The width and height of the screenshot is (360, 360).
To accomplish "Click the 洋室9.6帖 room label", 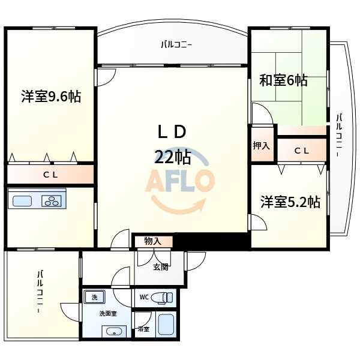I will pos(51,96).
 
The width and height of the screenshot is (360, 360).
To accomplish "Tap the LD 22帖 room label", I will pos(173,144).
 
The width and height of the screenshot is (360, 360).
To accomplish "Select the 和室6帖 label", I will pos(283,80).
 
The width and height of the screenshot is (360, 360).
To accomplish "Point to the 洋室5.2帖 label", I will pos(290,202).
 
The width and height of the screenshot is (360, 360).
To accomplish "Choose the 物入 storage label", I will pos(152,241).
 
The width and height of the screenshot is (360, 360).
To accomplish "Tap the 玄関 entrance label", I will pos(160,266).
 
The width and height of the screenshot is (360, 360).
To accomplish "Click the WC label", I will pos(143,296).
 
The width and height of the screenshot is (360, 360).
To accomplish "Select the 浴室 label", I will pos(143,329).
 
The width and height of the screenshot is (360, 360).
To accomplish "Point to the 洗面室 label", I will pos(107,314).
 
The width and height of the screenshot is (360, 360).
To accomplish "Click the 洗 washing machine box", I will pos(94,297).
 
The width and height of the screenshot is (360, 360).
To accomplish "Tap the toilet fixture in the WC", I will pos(161,297).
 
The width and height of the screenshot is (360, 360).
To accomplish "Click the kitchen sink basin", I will pos(23,201).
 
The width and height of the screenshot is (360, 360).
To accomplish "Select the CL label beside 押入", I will pos(302,151).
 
